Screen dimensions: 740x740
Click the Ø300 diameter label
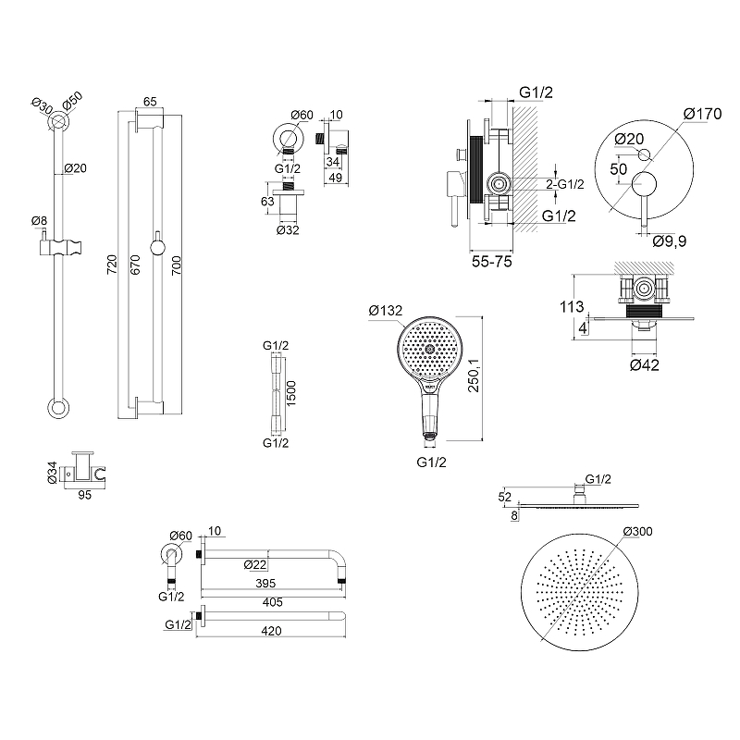(639, 531)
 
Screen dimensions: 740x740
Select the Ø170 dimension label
(702, 114)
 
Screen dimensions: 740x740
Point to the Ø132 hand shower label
(385, 311)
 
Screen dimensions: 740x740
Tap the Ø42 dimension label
(646, 365)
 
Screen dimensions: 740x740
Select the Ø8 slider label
(39, 220)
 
